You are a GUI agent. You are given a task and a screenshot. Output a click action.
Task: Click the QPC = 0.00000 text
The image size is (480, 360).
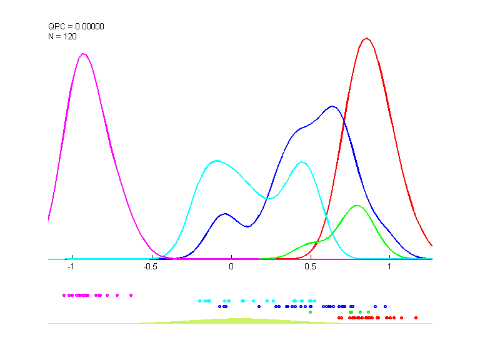[76, 27]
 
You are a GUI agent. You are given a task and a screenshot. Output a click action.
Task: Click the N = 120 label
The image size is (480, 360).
[62, 37]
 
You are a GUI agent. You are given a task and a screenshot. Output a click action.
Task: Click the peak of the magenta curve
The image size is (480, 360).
[83, 54]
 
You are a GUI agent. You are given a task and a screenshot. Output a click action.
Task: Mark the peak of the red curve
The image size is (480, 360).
[367, 38]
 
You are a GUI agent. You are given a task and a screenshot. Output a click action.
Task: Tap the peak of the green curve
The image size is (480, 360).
[357, 205]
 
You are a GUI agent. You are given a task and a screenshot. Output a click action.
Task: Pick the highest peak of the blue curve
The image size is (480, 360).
[332, 106]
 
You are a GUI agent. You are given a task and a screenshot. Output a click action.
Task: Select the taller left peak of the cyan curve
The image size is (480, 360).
[216, 161]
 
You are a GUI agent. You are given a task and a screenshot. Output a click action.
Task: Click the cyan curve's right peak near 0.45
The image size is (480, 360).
[302, 162]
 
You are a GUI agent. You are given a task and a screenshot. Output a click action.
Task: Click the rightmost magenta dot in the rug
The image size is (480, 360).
[131, 294]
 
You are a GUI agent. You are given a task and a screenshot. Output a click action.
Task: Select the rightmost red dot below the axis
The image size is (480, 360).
[416, 317]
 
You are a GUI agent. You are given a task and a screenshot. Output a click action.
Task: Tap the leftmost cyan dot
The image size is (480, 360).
[199, 301]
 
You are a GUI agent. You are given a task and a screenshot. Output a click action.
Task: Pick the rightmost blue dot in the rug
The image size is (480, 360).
[386, 306]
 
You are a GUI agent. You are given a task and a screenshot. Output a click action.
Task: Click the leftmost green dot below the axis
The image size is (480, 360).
[311, 312]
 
